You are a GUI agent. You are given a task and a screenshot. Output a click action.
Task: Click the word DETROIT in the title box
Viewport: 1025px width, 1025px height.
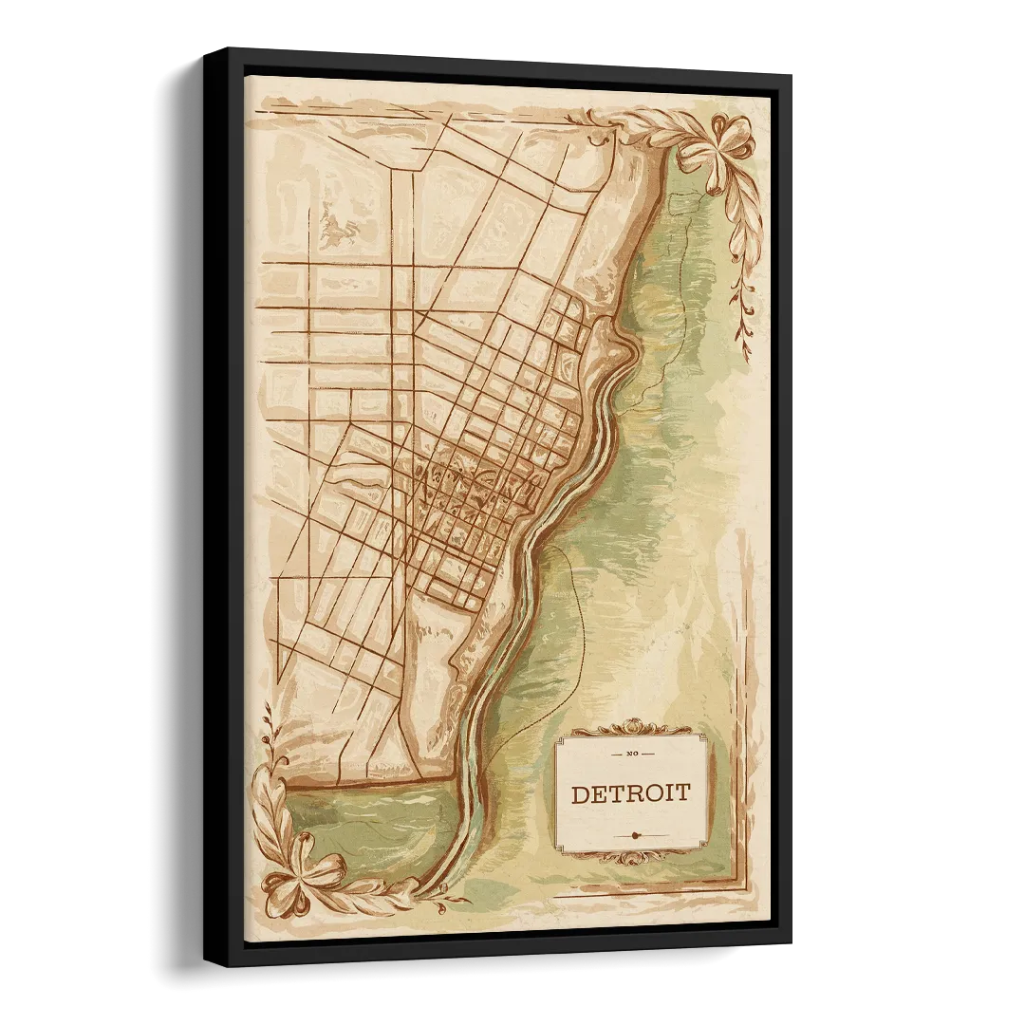pyautogui.click(x=630, y=793)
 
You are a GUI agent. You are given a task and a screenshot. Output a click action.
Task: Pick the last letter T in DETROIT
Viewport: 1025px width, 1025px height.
pyautogui.click(x=683, y=793)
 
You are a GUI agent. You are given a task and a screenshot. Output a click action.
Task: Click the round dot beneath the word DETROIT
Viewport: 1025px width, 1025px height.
pyautogui.click(x=633, y=835)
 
